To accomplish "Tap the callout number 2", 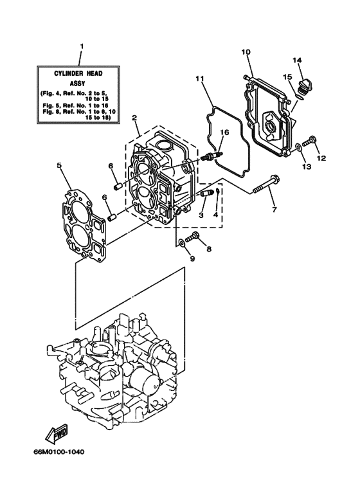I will coord(134,118).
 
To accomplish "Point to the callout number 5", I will coord(59,165).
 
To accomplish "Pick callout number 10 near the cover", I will coord(246,51).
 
